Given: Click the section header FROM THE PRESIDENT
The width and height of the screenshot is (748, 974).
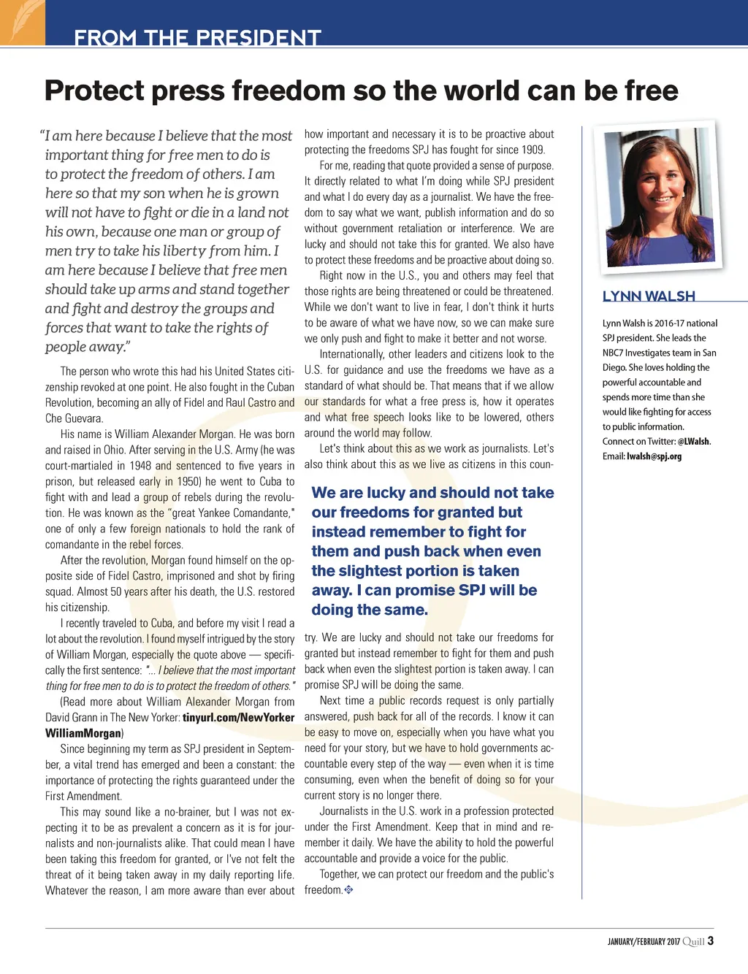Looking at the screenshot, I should [x=197, y=37].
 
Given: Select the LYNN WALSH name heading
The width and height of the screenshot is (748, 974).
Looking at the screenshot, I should [x=649, y=296].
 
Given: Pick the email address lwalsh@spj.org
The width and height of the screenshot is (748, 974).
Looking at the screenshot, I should [x=654, y=456].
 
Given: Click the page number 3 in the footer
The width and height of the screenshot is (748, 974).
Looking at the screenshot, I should [x=711, y=941].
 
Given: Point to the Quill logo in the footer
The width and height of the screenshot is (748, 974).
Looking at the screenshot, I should [x=694, y=942].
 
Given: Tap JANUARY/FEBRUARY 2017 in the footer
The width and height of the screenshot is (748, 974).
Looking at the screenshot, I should [x=644, y=942].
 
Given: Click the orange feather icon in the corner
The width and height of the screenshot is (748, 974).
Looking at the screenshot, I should [x=21, y=21].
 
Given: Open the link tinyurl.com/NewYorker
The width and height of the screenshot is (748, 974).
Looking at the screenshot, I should [x=238, y=718].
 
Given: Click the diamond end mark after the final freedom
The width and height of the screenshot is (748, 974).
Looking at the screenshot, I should [x=348, y=890].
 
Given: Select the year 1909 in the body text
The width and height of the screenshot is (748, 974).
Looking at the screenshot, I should [x=533, y=150].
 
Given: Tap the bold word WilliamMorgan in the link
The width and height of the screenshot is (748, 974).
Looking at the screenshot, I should [x=83, y=733].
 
